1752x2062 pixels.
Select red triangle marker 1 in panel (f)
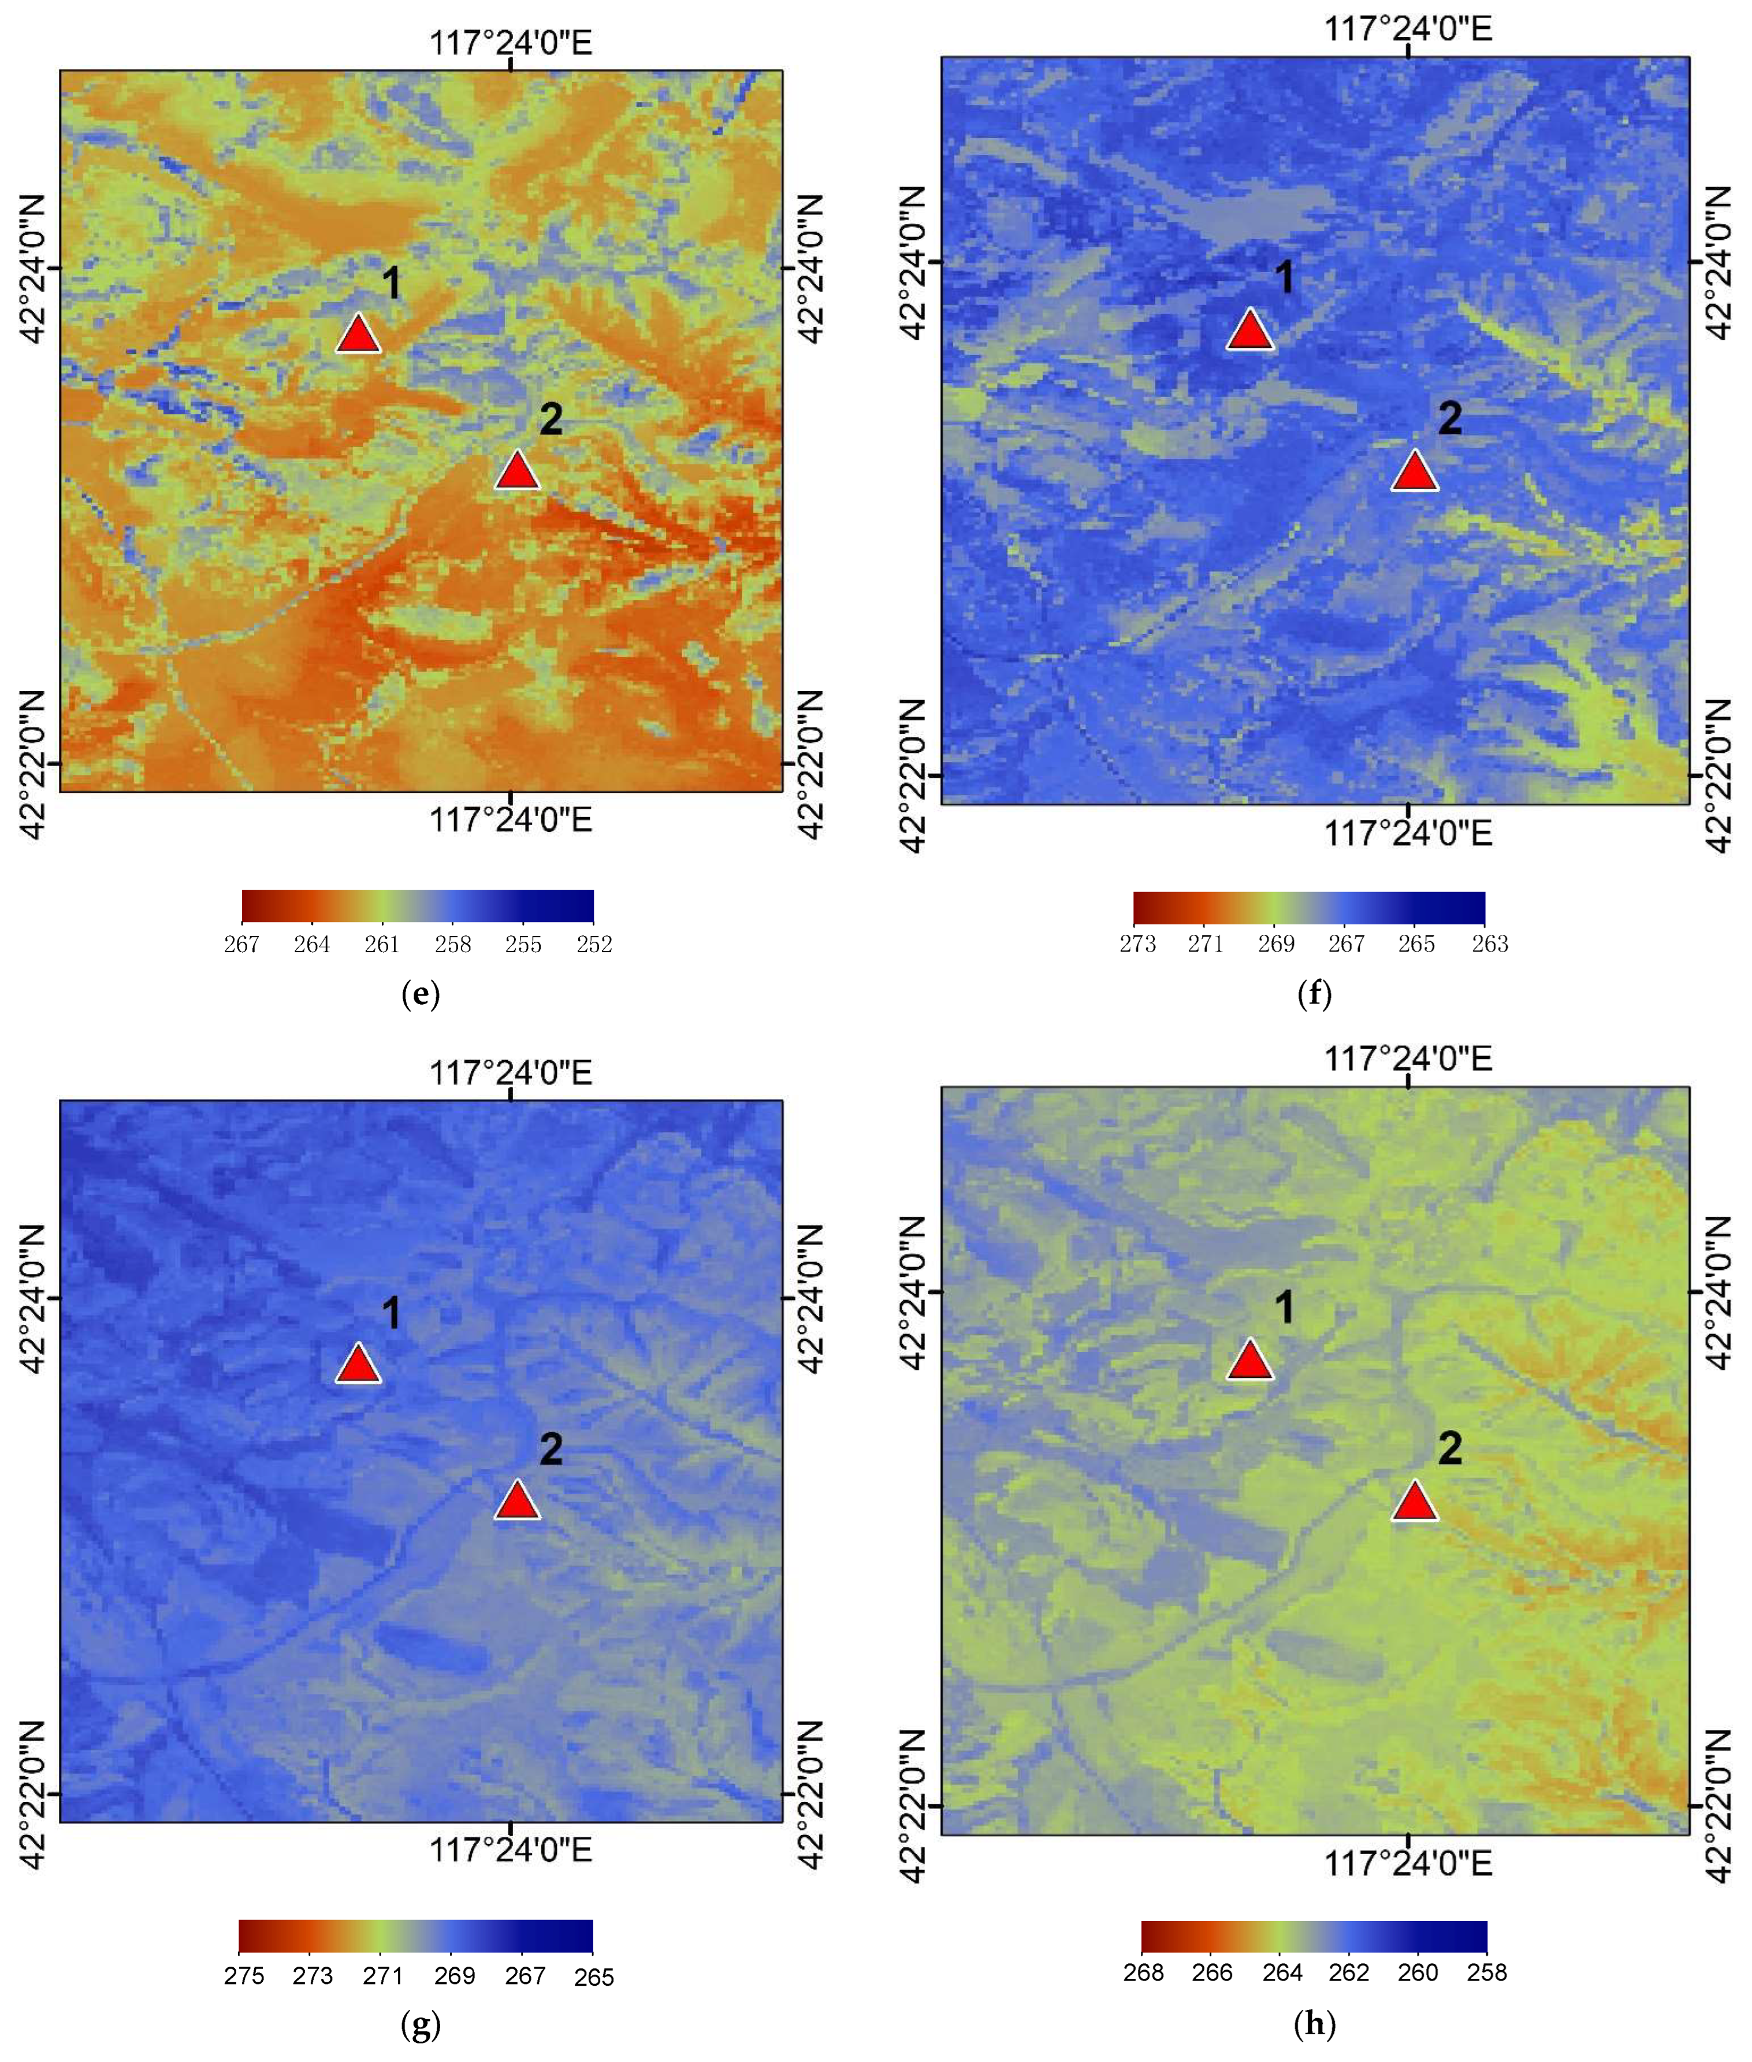[1249, 330]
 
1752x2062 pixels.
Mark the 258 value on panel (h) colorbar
[1487, 1972]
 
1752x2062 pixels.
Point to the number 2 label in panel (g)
[550, 1449]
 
